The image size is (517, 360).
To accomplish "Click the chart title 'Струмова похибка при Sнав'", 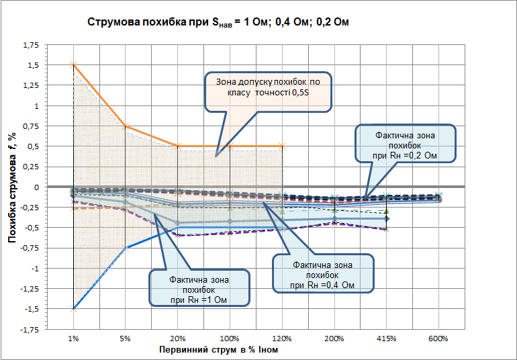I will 219,23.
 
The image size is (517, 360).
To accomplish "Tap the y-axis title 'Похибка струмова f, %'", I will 12,186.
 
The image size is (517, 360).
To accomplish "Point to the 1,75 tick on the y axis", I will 31,45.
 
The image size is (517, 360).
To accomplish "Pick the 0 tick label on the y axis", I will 36,187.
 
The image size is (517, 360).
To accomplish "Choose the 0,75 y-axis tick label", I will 31,126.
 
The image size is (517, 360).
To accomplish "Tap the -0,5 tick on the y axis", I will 32,228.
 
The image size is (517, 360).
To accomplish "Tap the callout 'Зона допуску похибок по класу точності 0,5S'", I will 267,91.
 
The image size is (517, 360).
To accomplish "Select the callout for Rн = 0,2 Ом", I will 405,143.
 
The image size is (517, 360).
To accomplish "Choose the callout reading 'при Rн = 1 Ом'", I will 199,288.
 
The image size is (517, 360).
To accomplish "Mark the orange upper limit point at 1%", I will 74,65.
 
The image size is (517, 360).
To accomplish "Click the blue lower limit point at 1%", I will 74,308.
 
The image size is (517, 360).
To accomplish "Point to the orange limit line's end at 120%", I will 282,146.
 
